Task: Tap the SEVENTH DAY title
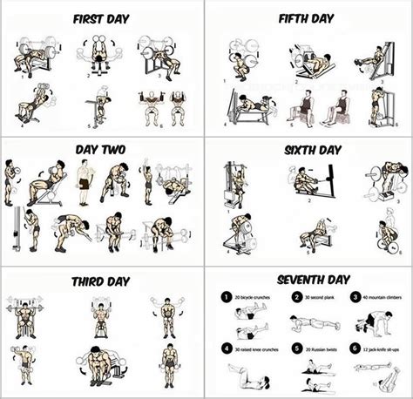coord(309,280)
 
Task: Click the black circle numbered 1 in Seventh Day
coord(225,296)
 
